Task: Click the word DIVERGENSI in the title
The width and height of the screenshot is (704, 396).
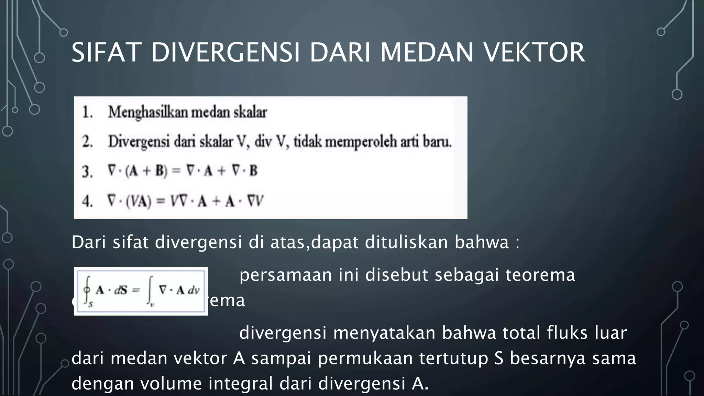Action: pos(225,52)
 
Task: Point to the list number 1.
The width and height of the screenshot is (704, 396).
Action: pos(87,112)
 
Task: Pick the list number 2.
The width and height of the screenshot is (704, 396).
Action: pos(87,142)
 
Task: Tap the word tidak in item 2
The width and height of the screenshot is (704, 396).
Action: pos(308,142)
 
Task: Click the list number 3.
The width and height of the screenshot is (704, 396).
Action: pos(87,171)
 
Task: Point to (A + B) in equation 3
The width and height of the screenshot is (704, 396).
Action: pos(146,171)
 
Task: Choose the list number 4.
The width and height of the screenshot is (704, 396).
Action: pos(87,201)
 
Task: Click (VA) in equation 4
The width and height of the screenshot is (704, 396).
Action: pos(138,201)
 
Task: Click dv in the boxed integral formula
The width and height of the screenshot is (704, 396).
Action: pos(194,290)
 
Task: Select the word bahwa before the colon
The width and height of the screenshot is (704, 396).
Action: pos(481,242)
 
